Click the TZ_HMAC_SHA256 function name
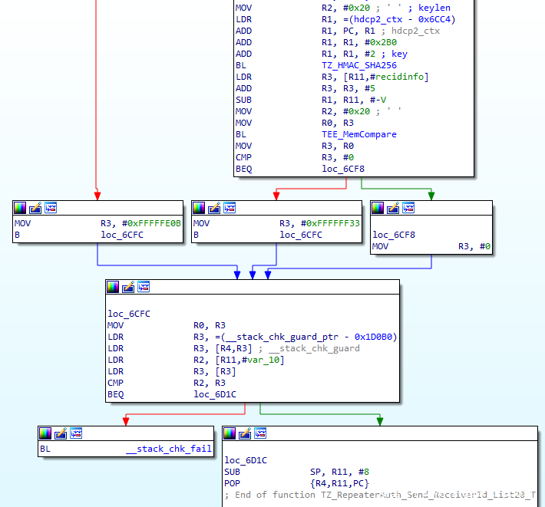click(x=359, y=65)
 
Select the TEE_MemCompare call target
click(x=359, y=134)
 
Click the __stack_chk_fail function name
click(x=169, y=449)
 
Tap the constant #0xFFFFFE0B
click(x=151, y=223)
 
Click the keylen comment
click(x=434, y=8)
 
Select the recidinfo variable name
click(x=399, y=77)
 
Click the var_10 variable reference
click(x=263, y=360)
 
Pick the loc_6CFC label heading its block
click(x=129, y=314)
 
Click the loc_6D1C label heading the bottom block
click(x=246, y=460)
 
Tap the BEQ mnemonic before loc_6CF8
click(x=243, y=169)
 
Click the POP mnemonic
click(x=232, y=483)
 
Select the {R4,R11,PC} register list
click(x=339, y=483)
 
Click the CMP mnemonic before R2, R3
click(x=115, y=383)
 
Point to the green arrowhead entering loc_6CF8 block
click(x=431, y=196)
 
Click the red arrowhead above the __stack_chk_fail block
click(x=126, y=422)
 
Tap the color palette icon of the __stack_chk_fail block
click(x=45, y=433)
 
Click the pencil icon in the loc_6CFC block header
click(x=128, y=287)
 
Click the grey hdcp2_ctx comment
click(x=416, y=31)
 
